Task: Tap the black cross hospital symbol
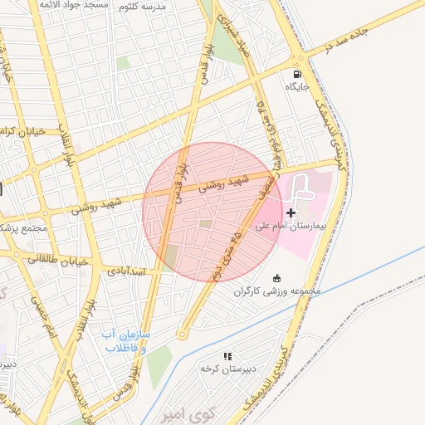pos(291,213)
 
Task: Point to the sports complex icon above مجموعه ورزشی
pos(276,278)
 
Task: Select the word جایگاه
pos(297,86)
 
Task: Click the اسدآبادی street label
pos(126,271)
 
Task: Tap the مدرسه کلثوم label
pos(143,6)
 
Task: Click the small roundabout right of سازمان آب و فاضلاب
pos(181,335)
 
